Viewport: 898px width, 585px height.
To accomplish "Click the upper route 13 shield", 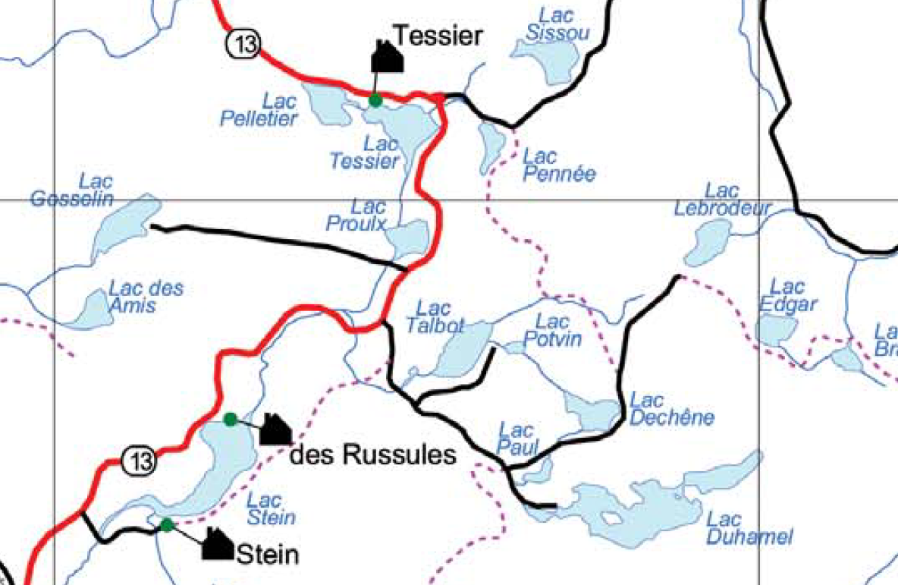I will [242, 45].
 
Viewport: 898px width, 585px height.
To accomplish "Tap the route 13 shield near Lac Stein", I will [140, 461].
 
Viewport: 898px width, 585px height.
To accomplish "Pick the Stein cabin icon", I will [218, 544].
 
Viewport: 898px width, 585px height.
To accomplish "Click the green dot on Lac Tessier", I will [375, 99].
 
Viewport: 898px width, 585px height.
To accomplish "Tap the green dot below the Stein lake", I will [167, 524].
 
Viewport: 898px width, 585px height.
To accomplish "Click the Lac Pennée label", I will [559, 165].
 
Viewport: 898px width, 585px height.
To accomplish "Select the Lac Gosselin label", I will [73, 190].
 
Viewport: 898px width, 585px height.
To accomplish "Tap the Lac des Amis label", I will [146, 297].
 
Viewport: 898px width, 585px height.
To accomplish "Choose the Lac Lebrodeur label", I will [722, 200].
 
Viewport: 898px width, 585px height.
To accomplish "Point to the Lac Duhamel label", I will [749, 529].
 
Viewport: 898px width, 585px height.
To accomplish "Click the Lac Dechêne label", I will [661, 409].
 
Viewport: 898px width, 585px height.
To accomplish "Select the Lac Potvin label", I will [552, 330].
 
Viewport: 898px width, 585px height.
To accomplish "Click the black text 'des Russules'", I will [374, 454].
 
